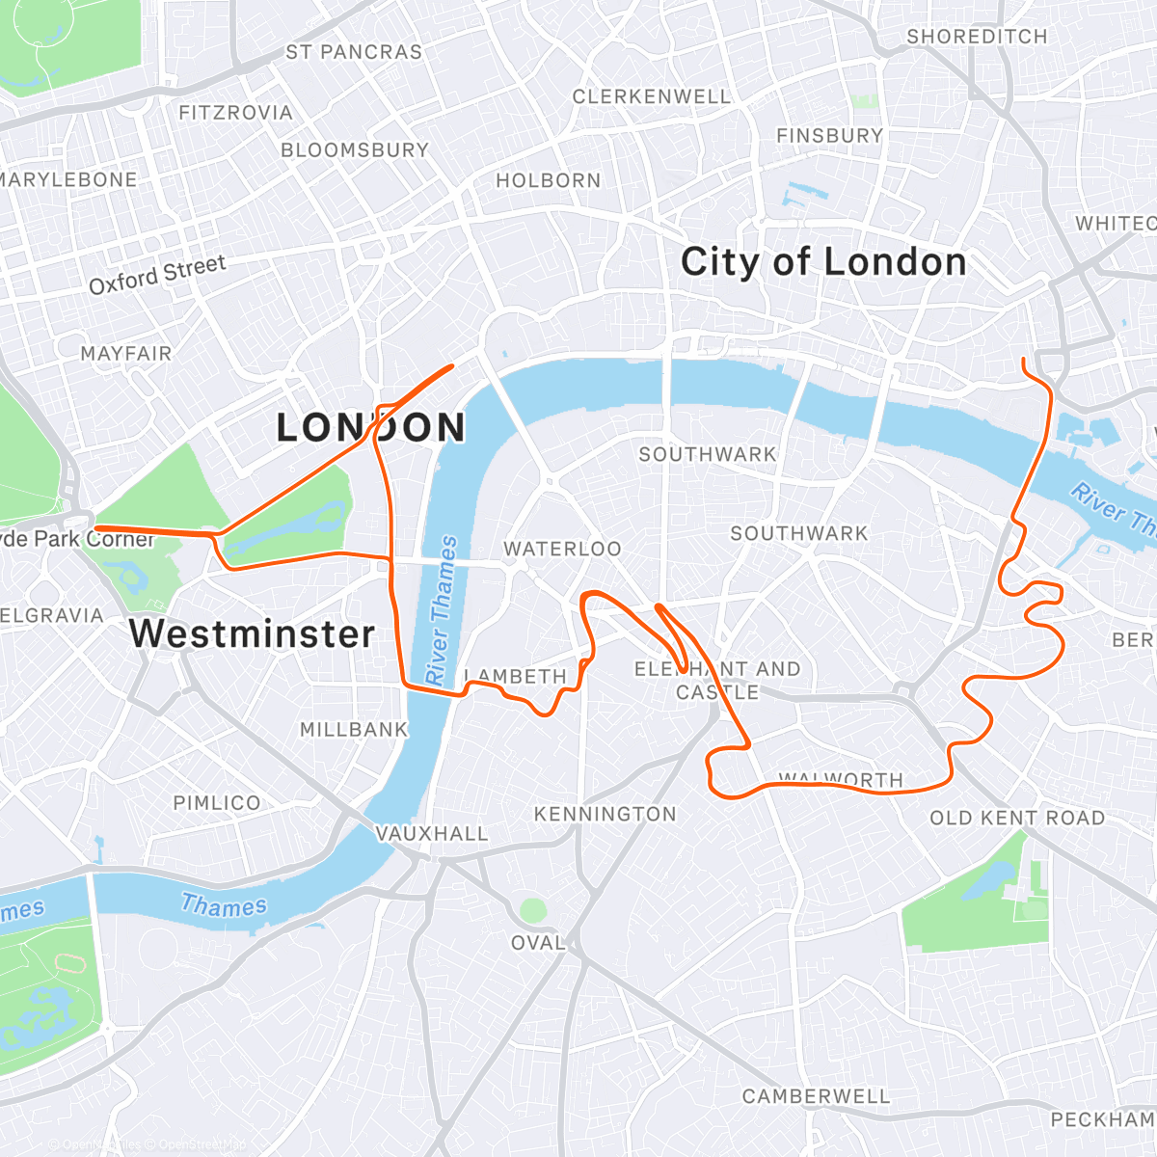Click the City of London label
pyautogui.click(x=822, y=262)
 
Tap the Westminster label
pyautogui.click(x=252, y=633)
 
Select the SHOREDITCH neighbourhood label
pyautogui.click(x=977, y=37)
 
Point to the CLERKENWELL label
pyautogui.click(x=652, y=96)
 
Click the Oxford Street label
pyautogui.click(x=157, y=275)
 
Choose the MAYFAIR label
pyautogui.click(x=126, y=354)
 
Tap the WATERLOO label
pyautogui.click(x=562, y=549)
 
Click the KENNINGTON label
pyautogui.click(x=605, y=815)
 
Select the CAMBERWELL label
pyautogui.click(x=816, y=1096)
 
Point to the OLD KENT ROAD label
pyautogui.click(x=1017, y=819)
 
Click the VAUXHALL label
pyautogui.click(x=432, y=834)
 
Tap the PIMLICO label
pyautogui.click(x=217, y=803)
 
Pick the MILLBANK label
pyautogui.click(x=354, y=730)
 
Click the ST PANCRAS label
pyautogui.click(x=354, y=52)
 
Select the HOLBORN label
pyautogui.click(x=549, y=180)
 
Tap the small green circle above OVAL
pyautogui.click(x=533, y=909)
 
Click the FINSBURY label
pyautogui.click(x=829, y=136)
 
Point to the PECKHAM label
pyautogui.click(x=1102, y=1119)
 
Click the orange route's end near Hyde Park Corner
pyautogui.click(x=96, y=527)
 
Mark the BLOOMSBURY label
pyautogui.click(x=355, y=150)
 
